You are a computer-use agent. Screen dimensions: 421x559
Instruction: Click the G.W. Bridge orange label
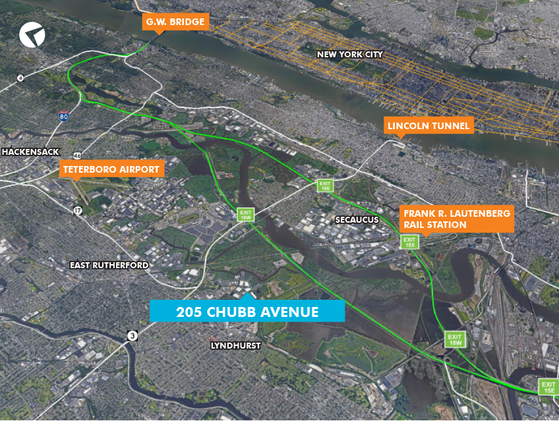(175, 22)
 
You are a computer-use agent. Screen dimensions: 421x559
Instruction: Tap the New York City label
(349, 54)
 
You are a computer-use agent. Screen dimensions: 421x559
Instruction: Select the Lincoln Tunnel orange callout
(428, 125)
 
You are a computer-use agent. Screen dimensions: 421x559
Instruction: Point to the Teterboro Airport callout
(111, 169)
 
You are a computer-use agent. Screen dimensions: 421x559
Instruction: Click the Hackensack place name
(26, 152)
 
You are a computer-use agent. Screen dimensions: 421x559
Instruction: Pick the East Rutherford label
(109, 265)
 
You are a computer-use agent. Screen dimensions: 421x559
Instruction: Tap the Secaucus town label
(356, 219)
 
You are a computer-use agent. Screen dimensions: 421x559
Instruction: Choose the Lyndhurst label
(236, 345)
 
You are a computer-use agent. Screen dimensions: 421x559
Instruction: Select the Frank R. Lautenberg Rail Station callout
(457, 219)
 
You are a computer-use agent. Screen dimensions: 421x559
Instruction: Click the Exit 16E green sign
(324, 186)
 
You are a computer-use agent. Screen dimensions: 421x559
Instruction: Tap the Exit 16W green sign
(245, 214)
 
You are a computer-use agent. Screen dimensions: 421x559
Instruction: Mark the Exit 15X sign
(410, 242)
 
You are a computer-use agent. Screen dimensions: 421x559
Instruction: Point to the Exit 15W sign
(454, 339)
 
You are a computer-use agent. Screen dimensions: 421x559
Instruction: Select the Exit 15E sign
(548, 388)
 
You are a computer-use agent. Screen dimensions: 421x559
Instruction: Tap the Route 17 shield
(78, 211)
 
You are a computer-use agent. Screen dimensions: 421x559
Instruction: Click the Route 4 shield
(20, 78)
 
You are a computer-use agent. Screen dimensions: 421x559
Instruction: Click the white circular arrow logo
(31, 34)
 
